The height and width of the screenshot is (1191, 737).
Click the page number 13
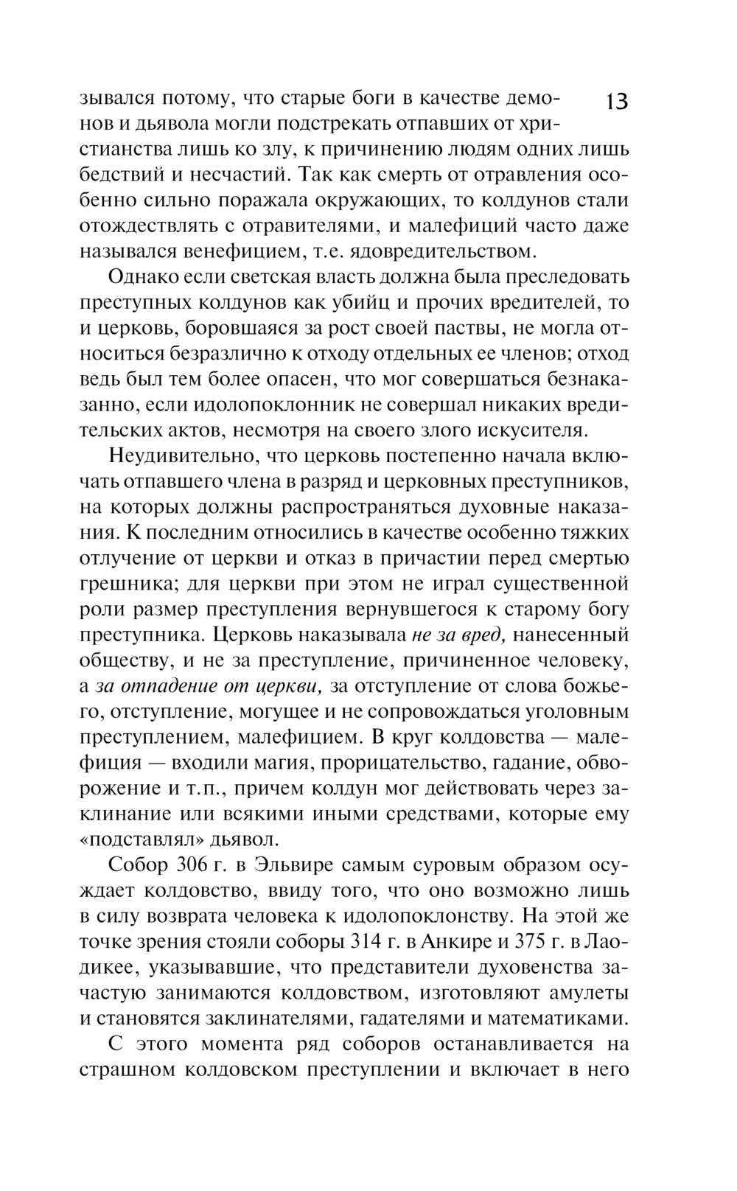(x=616, y=101)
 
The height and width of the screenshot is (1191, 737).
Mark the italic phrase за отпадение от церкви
(x=209, y=685)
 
